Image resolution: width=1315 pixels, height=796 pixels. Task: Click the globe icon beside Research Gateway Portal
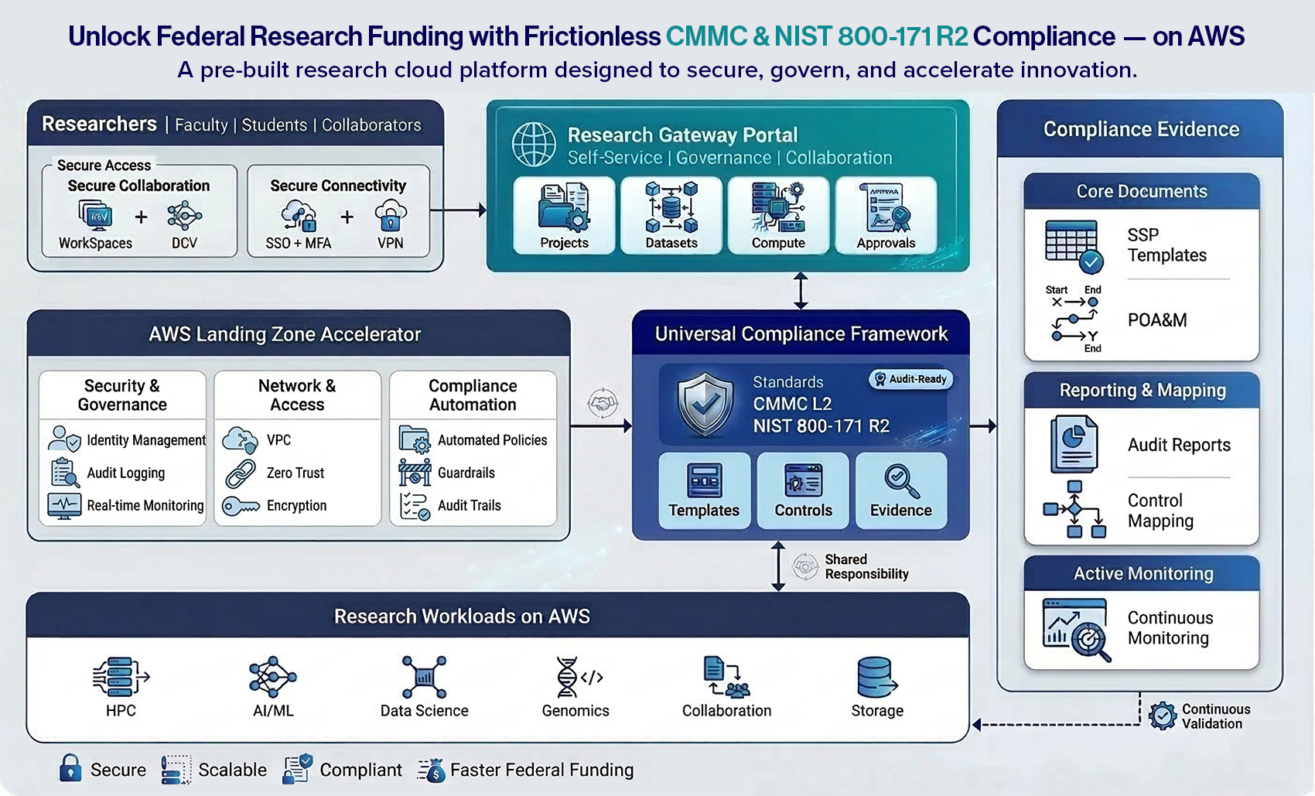coord(534,145)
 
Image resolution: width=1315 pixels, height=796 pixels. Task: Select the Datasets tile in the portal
coord(671,215)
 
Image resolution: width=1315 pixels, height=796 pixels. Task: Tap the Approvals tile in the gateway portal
coord(886,215)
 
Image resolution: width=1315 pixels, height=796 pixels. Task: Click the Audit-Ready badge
coord(910,379)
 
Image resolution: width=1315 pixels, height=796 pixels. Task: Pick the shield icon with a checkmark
coord(704,405)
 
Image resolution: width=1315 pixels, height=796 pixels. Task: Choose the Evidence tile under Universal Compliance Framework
coord(901,490)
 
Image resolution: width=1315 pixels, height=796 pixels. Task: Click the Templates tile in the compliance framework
coord(704,490)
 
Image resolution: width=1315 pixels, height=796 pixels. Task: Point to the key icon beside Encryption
coord(241,507)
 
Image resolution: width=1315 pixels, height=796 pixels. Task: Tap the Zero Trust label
coord(295,473)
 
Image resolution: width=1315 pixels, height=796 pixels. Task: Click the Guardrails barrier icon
coord(415,472)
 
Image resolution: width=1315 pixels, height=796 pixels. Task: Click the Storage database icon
coord(876,678)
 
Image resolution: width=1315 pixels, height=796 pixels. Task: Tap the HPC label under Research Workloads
coord(121,711)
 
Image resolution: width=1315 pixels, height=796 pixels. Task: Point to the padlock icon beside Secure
coord(70,768)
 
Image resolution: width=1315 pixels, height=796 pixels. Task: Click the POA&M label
coord(1157,320)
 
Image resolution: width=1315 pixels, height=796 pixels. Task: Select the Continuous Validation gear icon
coord(1162,716)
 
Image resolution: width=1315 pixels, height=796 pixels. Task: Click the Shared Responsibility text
coord(866,567)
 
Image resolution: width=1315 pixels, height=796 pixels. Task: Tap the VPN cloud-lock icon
coord(391,215)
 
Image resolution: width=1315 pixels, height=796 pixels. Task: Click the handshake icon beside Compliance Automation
coord(603,403)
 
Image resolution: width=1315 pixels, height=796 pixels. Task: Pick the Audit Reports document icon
coord(1074,444)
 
